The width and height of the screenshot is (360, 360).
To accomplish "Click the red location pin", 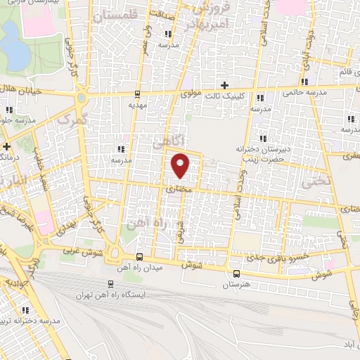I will (x=181, y=165).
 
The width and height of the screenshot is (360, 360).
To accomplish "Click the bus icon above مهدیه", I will (x=137, y=94).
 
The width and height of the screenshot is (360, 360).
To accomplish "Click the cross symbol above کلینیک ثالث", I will (x=224, y=85).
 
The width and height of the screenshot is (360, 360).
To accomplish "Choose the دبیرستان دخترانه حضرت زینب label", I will (x=264, y=154).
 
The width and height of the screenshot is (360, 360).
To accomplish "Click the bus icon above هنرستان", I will (x=236, y=274).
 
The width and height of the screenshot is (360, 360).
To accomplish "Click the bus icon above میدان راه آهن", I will (x=140, y=257).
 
